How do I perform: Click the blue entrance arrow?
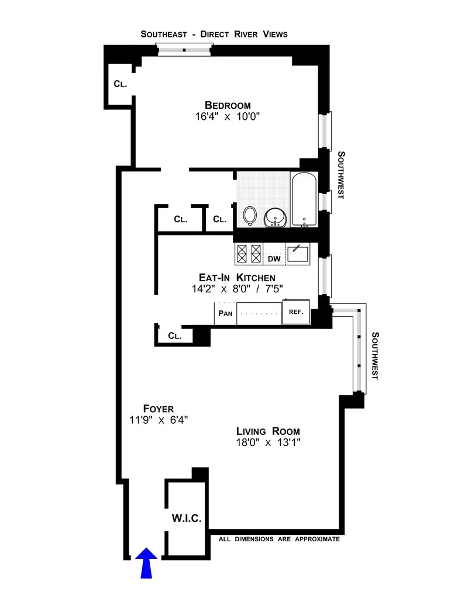pos(146,562)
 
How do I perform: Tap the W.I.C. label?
pos(186,518)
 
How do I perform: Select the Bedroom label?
pos(228,105)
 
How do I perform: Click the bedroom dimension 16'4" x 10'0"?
pos(228,117)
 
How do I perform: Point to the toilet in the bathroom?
pos(250,216)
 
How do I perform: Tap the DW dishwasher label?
pos(274,258)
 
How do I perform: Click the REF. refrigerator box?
pos(295,312)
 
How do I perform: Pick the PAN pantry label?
pos(225,313)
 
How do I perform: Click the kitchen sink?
pos(300,253)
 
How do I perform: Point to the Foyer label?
pos(159,408)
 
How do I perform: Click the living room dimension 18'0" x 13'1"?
pos(269,442)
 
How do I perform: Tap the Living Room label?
pos(269,430)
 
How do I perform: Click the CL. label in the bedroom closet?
pos(120,84)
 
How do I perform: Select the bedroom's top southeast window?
pos(185,50)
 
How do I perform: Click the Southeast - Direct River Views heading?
pos(214,34)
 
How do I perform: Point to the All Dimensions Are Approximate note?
pos(279,539)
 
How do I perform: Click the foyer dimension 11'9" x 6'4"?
pos(159,420)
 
